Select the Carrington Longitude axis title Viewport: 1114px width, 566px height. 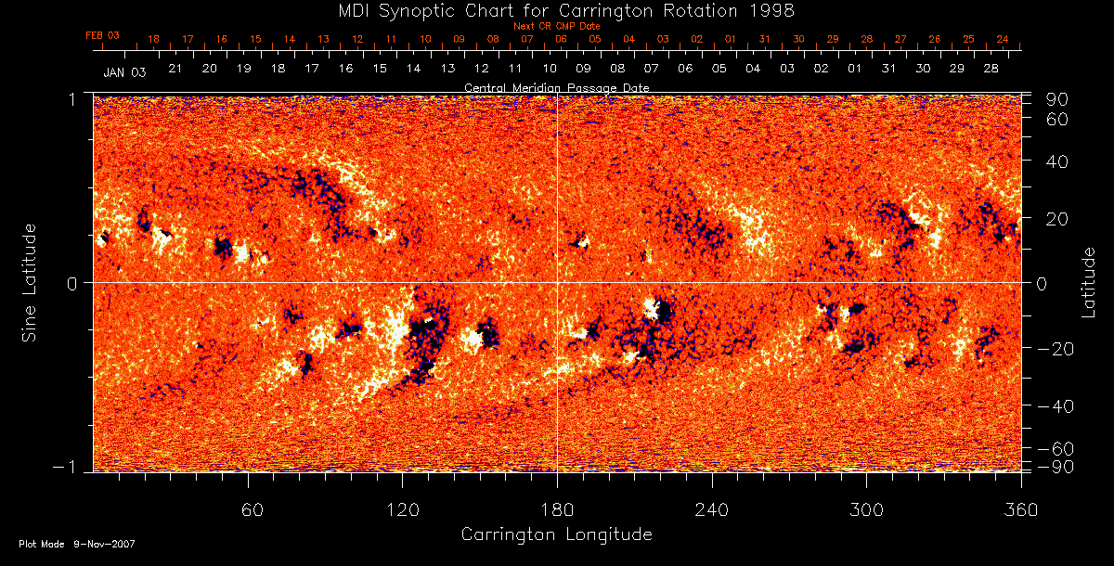(556, 534)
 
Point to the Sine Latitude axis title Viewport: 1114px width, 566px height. (30, 282)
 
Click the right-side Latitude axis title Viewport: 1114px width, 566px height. (1089, 282)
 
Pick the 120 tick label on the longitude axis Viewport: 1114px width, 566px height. (402, 510)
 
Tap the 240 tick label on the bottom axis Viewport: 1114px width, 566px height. (712, 510)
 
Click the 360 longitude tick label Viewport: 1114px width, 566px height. (1020, 510)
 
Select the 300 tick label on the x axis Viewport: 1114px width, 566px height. (866, 510)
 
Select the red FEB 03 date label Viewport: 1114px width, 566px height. (102, 35)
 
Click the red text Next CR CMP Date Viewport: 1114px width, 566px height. (556, 27)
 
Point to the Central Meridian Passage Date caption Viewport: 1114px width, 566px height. (556, 87)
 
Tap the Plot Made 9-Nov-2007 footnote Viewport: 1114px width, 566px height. (77, 544)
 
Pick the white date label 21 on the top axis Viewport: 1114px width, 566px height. (175, 69)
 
